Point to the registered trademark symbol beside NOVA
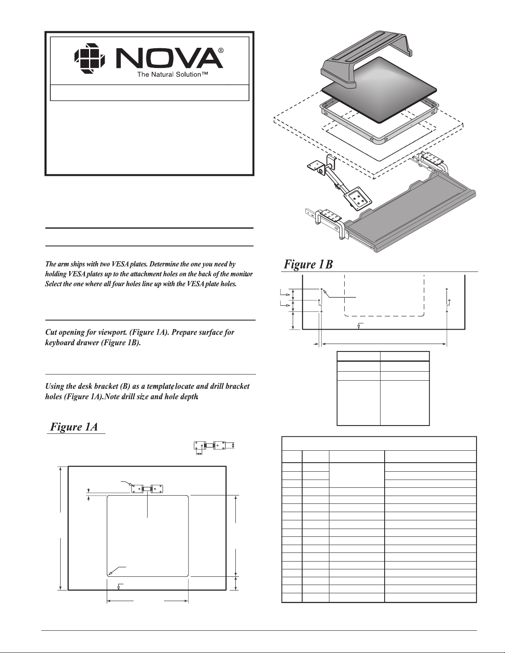221,51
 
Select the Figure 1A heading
74,427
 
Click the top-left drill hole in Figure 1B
322,289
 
